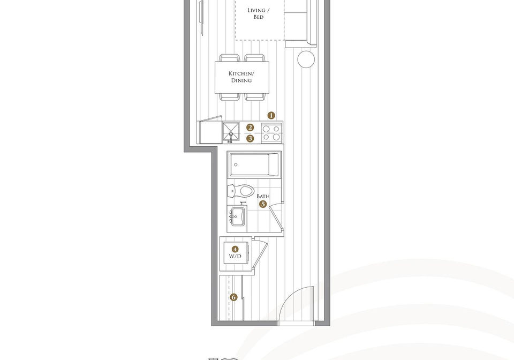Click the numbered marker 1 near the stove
[271, 115]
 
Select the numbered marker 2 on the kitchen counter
[250, 127]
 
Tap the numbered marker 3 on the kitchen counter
[250, 138]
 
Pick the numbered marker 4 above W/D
[235, 249]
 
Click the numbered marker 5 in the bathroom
[263, 204]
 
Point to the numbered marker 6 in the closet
[233, 297]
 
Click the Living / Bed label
[259, 13]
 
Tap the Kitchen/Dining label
[241, 77]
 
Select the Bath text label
[263, 196]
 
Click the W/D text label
[235, 256]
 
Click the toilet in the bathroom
[241, 191]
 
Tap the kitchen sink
[231, 132]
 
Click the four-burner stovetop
[271, 133]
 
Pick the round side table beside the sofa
[306, 59]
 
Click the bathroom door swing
[277, 216]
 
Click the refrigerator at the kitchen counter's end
[209, 132]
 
